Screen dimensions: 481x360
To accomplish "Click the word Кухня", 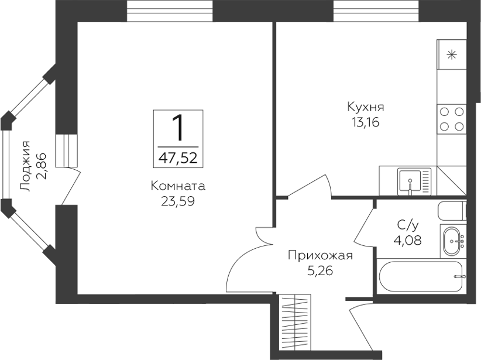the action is (366, 108).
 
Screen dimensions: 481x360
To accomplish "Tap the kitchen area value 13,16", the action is (366, 122).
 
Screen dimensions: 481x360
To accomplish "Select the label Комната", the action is (178, 186).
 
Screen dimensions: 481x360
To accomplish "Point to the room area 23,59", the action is (178, 201).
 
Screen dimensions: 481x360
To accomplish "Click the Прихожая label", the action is (321, 256).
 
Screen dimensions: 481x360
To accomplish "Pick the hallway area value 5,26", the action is (321, 270).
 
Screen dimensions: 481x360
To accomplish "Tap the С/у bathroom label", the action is (408, 225).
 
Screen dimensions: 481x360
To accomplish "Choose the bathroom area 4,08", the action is (408, 240).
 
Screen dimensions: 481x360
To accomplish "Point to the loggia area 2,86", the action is (41, 166).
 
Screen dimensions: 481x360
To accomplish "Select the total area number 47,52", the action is (178, 158).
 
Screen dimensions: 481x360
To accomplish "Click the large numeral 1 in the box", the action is (178, 128).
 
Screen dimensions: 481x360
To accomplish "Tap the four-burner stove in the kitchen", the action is (452, 119).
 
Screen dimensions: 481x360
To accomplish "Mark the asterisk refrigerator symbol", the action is (452, 55).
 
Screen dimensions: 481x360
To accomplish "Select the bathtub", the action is (421, 276).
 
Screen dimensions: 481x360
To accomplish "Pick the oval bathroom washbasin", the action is (453, 241).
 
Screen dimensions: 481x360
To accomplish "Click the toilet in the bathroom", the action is (452, 211).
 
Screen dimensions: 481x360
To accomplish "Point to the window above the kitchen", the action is (376, 11).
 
